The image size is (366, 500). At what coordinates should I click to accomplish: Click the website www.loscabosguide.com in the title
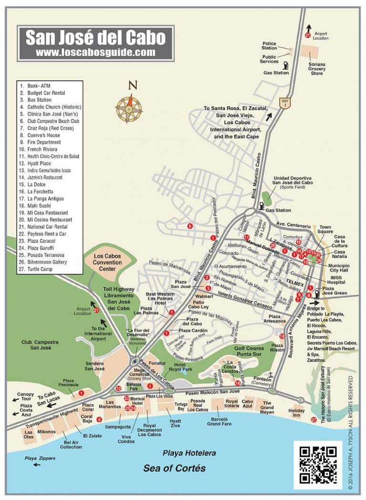(x=95, y=52)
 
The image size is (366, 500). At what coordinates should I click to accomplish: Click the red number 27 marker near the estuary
(x=313, y=419)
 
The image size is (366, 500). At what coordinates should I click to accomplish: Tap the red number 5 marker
(x=190, y=226)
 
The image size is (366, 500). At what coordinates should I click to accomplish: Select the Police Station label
(x=269, y=46)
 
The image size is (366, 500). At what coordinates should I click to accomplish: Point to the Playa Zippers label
(x=40, y=458)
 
